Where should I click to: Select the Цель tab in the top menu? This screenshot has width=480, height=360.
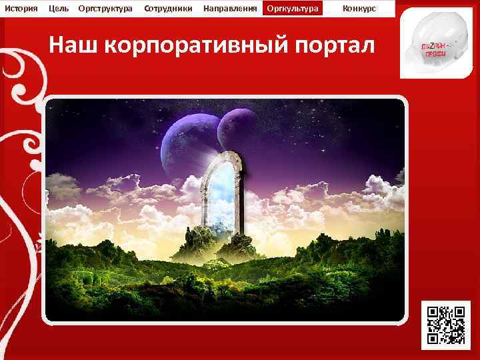[59, 8]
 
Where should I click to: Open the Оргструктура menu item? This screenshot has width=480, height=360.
[105, 8]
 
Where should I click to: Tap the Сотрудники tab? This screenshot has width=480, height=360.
[168, 8]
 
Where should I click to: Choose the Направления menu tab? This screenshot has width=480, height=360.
[230, 8]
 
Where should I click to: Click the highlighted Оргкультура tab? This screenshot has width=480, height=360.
[292, 8]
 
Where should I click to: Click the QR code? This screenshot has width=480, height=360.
[446, 325]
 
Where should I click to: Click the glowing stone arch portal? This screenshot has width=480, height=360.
[222, 193]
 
